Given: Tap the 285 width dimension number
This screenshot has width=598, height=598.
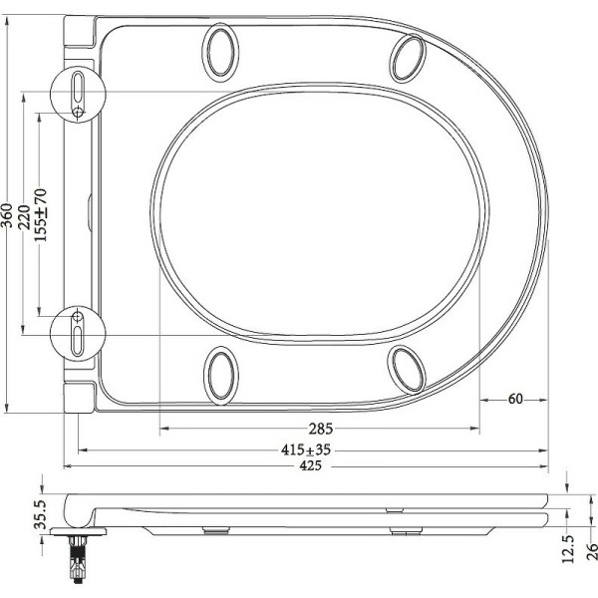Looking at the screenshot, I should coord(320,430).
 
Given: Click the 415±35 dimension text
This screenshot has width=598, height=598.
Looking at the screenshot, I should coord(306,450).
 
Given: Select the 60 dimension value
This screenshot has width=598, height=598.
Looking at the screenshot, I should coord(515,399).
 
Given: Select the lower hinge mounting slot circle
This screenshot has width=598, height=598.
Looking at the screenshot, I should coord(78,331).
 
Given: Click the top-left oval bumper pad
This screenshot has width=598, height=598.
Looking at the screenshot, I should coord(220,53).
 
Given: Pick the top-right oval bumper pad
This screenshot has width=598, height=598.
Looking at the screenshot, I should coord(408,57).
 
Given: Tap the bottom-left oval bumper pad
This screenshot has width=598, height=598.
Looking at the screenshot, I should coord(221,376).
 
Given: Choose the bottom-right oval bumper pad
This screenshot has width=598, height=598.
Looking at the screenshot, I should coord(408,370).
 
